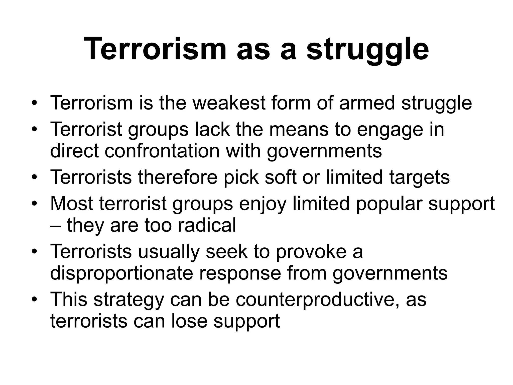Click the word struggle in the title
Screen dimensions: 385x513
coord(368,49)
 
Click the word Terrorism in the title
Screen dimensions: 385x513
coord(155,49)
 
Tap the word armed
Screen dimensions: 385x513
coord(367,103)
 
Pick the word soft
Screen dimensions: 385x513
coord(281,177)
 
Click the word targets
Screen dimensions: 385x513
coord(419,177)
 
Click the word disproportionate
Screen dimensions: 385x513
coord(121,273)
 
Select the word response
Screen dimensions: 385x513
coord(240,273)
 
